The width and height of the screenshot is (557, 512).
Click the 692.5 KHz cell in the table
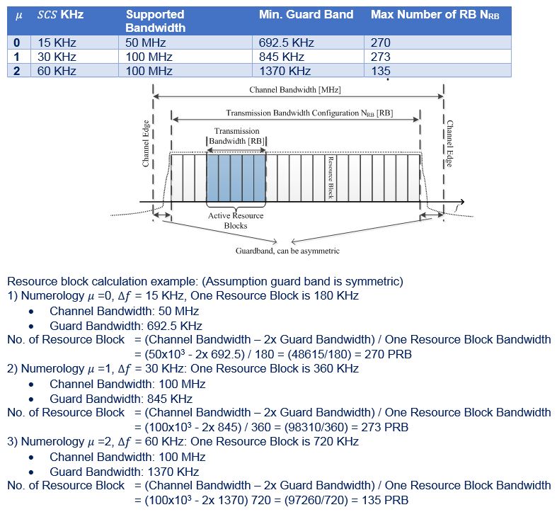286,42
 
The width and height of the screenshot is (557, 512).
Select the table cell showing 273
381,57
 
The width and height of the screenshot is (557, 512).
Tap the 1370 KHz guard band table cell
285,71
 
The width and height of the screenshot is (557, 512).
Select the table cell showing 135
380,71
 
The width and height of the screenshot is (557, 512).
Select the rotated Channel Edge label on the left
146,144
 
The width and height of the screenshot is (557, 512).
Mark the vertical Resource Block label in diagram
329,177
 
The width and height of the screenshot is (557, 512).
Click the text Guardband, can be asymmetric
287,251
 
